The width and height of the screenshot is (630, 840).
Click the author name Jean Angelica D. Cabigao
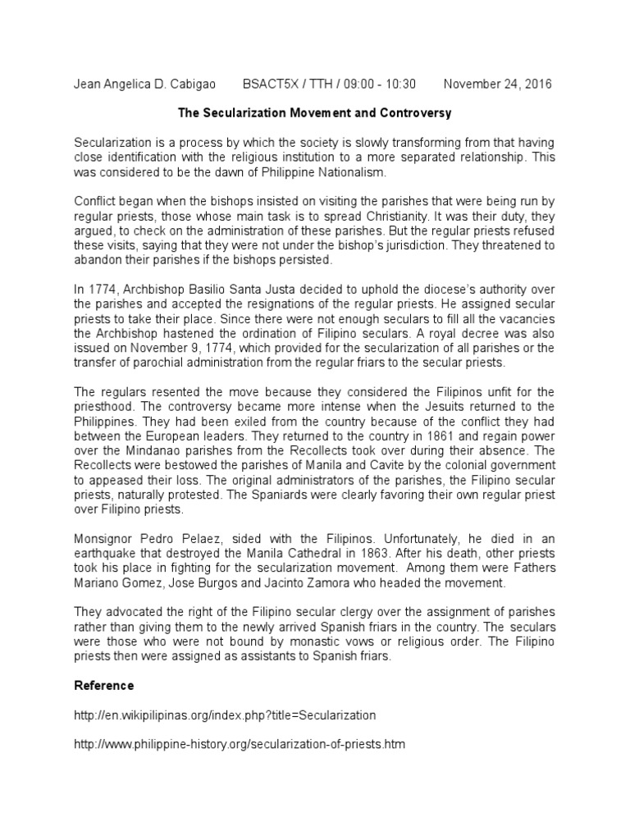coord(143,84)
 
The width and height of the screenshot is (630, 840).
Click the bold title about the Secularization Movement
coord(314,110)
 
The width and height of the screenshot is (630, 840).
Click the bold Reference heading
coord(103,685)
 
